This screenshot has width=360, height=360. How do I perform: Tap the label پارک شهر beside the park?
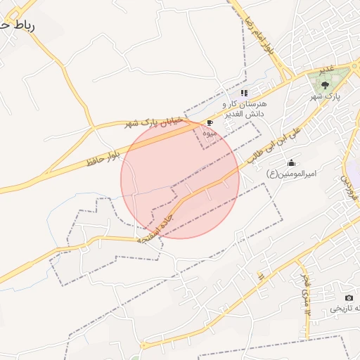click(326, 96)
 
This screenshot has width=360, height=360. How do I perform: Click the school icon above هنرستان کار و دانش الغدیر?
click(244, 93)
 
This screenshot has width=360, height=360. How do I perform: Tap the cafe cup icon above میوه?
click(210, 122)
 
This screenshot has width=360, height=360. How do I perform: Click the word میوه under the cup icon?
click(210, 132)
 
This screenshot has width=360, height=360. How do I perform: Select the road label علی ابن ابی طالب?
click(276, 146)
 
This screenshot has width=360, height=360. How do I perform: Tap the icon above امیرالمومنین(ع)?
click(292, 163)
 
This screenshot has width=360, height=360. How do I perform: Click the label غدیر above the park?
click(327, 71)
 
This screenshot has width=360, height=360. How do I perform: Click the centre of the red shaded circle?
click(180, 179)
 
